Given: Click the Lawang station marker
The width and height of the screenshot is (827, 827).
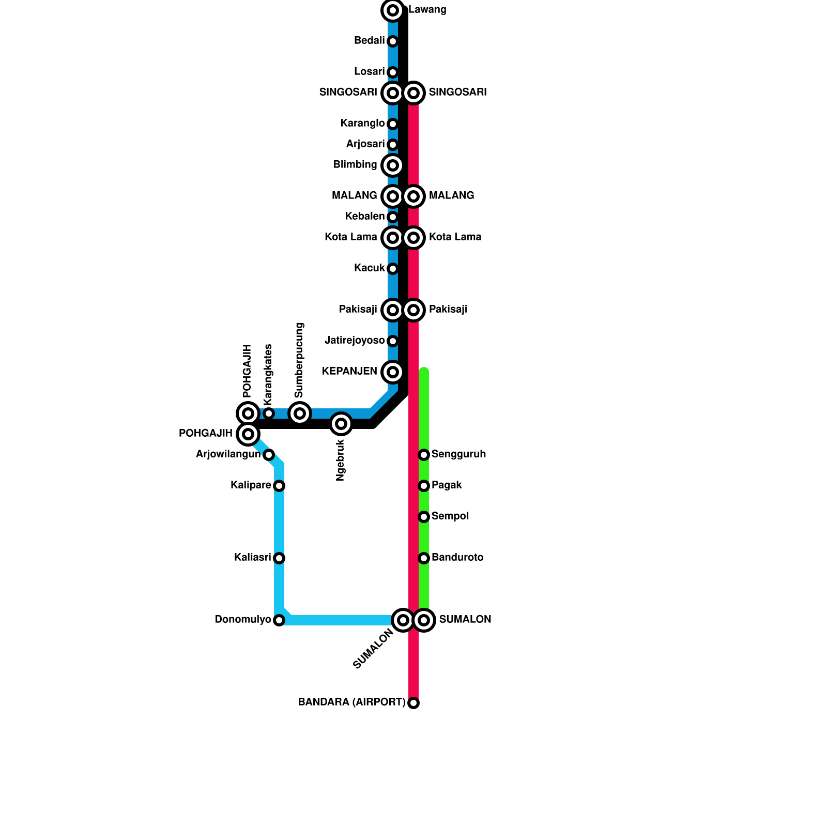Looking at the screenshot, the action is (x=393, y=10).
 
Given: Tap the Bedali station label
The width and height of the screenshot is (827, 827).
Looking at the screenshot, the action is (x=369, y=41).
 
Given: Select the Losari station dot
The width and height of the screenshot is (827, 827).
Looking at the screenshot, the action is (x=393, y=72).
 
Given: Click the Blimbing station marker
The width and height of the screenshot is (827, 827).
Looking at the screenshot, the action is (x=393, y=165).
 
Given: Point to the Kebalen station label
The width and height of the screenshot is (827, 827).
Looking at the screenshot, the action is (x=365, y=217).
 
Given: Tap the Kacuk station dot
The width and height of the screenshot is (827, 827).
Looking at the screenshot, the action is (x=393, y=269).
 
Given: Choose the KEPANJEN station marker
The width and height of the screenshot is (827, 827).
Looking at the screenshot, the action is (x=393, y=372).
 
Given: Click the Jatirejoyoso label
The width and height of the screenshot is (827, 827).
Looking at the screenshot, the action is (x=355, y=341).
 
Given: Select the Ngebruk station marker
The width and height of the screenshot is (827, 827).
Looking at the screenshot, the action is (x=341, y=424).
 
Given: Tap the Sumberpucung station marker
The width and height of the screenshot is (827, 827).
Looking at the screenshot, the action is (x=300, y=413).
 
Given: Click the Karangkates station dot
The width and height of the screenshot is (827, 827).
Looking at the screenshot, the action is (x=269, y=413).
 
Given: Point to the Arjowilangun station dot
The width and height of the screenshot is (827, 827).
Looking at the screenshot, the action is (x=269, y=455).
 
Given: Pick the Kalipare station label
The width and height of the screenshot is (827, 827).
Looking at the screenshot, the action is (x=251, y=485).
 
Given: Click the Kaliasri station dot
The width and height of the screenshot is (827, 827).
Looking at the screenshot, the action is (x=279, y=558).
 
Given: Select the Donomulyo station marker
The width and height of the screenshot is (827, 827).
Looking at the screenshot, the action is (x=279, y=620).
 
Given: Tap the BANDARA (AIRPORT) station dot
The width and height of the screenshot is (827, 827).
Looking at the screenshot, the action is (x=413, y=703).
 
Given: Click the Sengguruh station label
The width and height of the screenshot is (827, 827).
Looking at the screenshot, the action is (x=458, y=454).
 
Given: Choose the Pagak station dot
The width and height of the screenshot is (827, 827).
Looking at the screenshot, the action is (x=424, y=486).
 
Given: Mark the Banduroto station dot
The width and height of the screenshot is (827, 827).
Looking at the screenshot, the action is (x=424, y=558).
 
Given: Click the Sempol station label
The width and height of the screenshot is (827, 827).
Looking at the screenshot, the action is (x=450, y=516).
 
